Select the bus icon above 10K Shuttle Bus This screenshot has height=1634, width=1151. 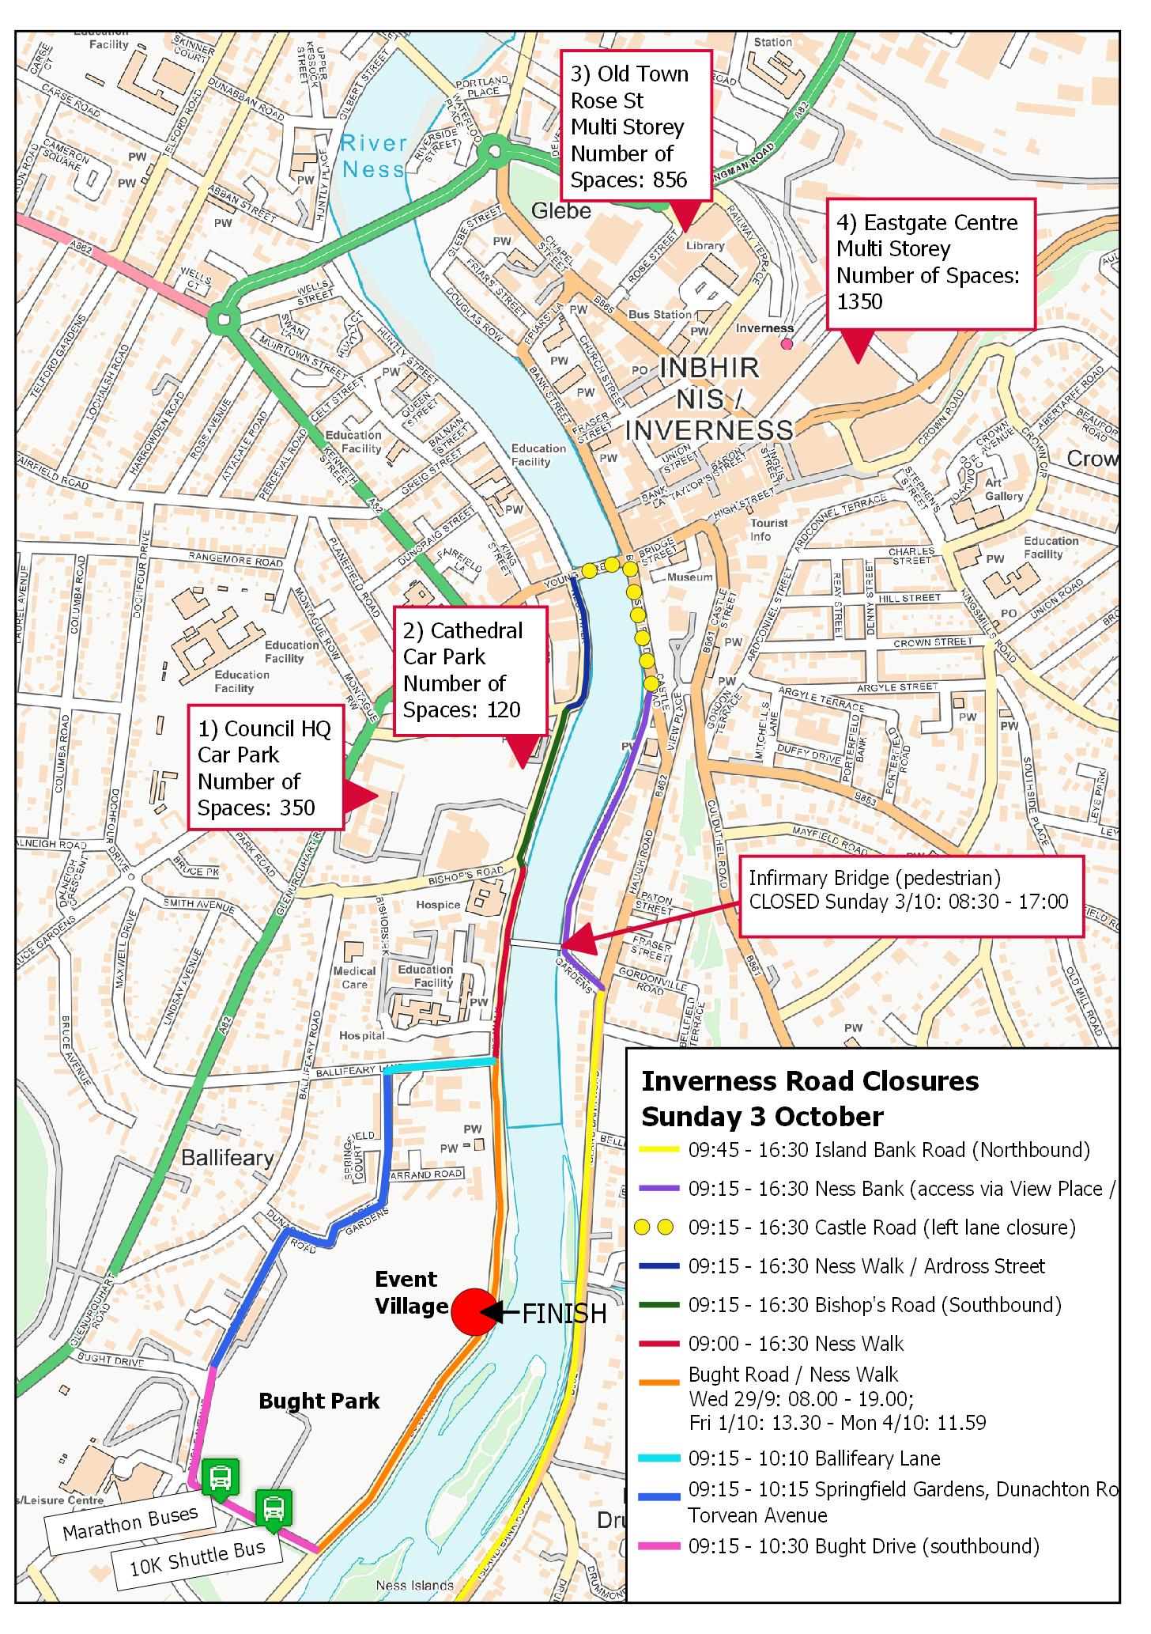pos(273,1507)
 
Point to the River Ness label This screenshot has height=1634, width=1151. pos(374,156)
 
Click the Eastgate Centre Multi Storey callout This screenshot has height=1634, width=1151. pos(930,263)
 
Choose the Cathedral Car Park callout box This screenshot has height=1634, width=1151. pos(470,670)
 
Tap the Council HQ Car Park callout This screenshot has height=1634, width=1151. pos(265,768)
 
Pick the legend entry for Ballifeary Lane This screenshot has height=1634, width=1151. pos(814,1458)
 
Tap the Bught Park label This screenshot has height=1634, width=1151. pos(319,1401)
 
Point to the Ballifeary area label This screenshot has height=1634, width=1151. pos(228,1159)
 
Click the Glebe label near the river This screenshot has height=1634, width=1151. pos(561,210)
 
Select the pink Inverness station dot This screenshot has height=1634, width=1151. pos(786,344)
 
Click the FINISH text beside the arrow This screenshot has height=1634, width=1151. pos(564,1314)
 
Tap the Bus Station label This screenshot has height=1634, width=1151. pos(659,315)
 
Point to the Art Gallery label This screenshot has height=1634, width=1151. pos(1004,490)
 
